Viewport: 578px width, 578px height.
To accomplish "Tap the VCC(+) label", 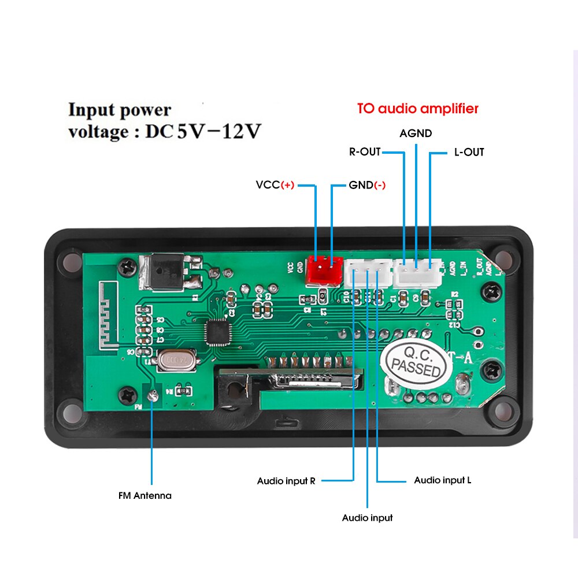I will tap(275, 186).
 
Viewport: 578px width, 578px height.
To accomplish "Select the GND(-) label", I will tap(367, 186).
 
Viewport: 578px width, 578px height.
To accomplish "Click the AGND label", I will tap(416, 134).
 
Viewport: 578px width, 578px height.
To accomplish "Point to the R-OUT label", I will tap(365, 152).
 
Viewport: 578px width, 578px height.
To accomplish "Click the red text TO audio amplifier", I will tap(417, 109).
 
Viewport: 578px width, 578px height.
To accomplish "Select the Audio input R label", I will tap(286, 481).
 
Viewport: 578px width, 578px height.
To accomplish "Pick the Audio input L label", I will tap(443, 480).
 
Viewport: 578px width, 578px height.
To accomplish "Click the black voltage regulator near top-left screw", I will tap(166, 271).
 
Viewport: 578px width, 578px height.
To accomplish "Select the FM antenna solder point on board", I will tap(153, 396).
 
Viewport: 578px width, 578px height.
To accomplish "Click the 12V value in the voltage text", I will tap(236, 132).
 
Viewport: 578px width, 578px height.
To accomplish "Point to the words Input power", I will tap(120, 110).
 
